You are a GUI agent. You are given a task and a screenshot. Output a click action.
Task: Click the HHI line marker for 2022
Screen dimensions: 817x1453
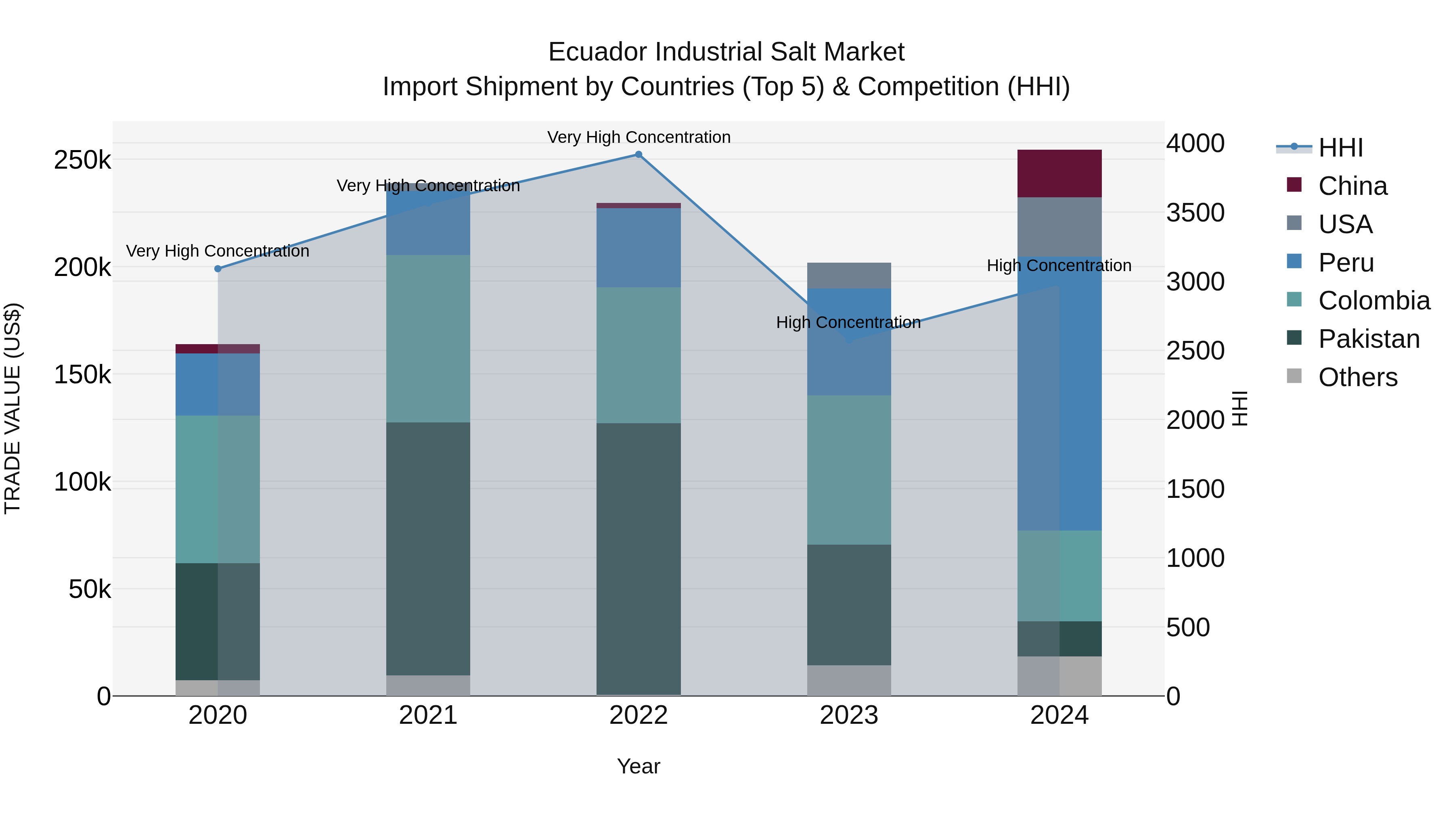pyautogui.click(x=639, y=155)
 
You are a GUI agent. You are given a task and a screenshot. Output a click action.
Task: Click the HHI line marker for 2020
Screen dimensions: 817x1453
pyautogui.click(x=218, y=269)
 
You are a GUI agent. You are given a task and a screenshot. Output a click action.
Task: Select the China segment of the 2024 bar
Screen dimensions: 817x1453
pyautogui.click(x=1059, y=173)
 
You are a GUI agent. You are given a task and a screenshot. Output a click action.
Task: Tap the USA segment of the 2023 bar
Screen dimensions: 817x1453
pyautogui.click(x=849, y=276)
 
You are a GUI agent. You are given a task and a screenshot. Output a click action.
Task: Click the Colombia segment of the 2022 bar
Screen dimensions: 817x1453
pyautogui.click(x=639, y=355)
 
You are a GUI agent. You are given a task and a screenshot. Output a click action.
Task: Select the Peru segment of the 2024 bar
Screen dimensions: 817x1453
pyautogui.click(x=1059, y=393)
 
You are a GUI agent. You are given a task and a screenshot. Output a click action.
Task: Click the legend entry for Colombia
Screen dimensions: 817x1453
pyautogui.click(x=1373, y=301)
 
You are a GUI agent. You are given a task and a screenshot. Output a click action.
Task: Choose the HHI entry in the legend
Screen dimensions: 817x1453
pyautogui.click(x=1340, y=148)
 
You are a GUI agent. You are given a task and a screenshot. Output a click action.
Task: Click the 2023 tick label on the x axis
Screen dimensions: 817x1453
pyautogui.click(x=849, y=715)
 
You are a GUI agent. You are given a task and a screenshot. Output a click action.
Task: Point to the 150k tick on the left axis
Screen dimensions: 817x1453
pyautogui.click(x=82, y=374)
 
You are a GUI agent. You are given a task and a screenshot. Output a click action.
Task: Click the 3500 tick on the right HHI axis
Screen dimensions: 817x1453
pyautogui.click(x=1195, y=213)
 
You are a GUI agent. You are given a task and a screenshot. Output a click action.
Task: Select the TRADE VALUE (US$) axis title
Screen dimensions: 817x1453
pyautogui.click(x=13, y=408)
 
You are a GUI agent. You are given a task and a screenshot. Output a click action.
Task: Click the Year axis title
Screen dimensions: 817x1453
pyautogui.click(x=639, y=766)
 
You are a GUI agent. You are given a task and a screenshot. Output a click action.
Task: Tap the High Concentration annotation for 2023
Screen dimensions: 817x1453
pyautogui.click(x=848, y=322)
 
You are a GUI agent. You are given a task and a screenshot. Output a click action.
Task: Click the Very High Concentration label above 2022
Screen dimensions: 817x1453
pyautogui.click(x=639, y=137)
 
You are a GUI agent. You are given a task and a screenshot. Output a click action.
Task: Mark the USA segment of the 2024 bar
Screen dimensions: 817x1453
pyautogui.click(x=1059, y=227)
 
